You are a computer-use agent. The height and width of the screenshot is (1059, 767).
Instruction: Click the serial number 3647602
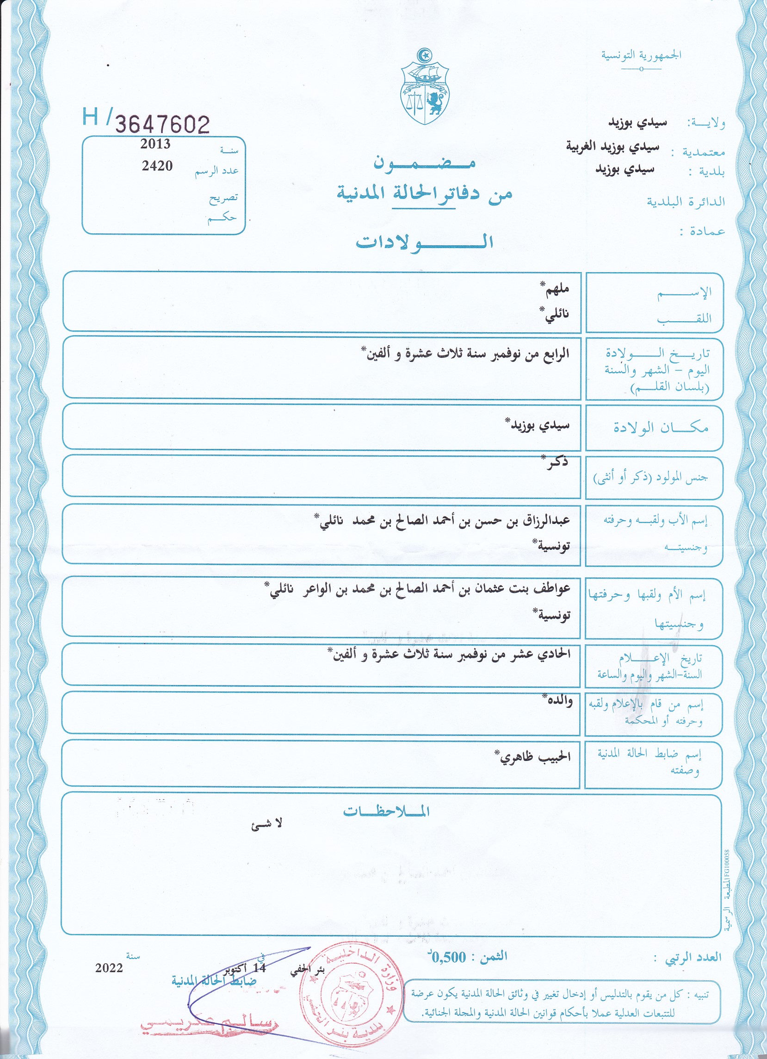pyautogui.click(x=162, y=125)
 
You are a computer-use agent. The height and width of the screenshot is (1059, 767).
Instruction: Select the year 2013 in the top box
pyautogui.click(x=155, y=144)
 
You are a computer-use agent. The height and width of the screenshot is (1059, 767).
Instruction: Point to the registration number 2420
pyautogui.click(x=157, y=166)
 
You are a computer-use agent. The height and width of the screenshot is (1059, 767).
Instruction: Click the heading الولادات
pyautogui.click(x=424, y=242)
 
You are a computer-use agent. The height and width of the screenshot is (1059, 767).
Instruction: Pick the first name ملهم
pyautogui.click(x=556, y=289)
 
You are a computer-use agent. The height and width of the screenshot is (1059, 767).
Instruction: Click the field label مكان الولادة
pyautogui.click(x=661, y=427)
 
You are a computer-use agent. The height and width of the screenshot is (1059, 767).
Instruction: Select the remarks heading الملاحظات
pyautogui.click(x=386, y=811)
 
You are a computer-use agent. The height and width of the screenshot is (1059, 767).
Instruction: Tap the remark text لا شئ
pyautogui.click(x=266, y=824)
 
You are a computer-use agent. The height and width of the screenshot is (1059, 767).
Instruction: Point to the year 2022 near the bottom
pyautogui.click(x=109, y=968)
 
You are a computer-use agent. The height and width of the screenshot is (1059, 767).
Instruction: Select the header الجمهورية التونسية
pyautogui.click(x=641, y=56)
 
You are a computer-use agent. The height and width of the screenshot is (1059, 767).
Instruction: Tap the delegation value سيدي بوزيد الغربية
pyautogui.click(x=612, y=147)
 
